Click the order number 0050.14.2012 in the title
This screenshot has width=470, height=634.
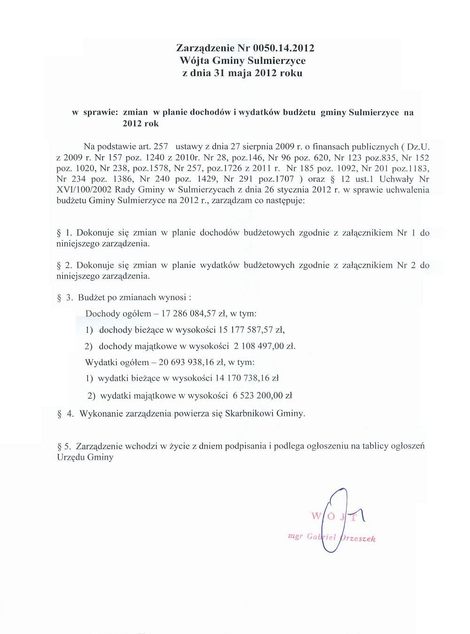click(283, 48)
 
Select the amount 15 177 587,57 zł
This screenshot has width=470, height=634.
click(249, 330)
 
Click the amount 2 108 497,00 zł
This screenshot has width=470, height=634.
click(264, 347)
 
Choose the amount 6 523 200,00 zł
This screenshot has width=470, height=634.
click(262, 396)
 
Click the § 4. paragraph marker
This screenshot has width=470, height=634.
click(65, 414)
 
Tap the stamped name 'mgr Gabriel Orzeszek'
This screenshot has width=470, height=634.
click(332, 538)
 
